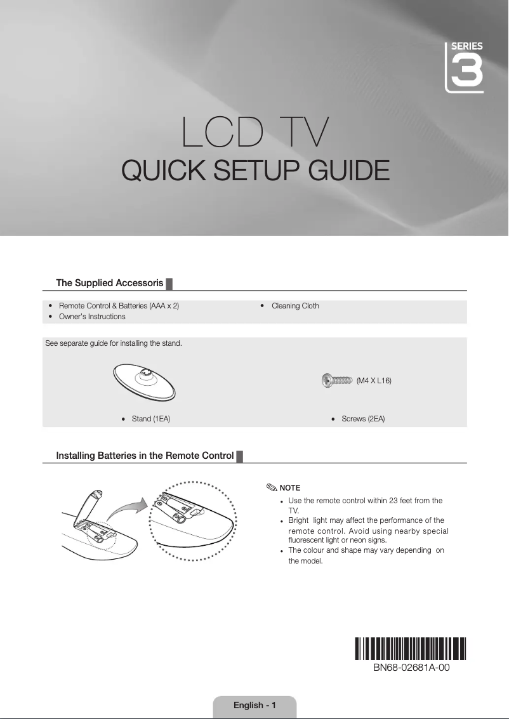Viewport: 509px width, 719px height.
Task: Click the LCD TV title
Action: pyautogui.click(x=255, y=132)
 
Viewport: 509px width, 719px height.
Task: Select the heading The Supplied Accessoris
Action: pyautogui.click(x=110, y=282)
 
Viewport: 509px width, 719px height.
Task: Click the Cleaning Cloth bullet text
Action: pyautogui.click(x=295, y=306)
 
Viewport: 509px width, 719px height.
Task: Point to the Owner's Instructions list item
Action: pyautogui.click(x=92, y=316)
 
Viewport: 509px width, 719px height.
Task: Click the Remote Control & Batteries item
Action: pyautogui.click(x=119, y=306)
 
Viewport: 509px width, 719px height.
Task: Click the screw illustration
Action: pyautogui.click(x=337, y=380)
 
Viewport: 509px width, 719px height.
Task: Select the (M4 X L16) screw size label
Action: pyautogui.click(x=374, y=381)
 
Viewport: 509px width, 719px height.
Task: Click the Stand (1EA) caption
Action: pyautogui.click(x=150, y=419)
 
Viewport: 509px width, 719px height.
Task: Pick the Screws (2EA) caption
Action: pyautogui.click(x=363, y=419)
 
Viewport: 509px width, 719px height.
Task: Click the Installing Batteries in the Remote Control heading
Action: pyautogui.click(x=145, y=456)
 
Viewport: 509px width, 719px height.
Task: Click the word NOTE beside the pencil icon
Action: pyautogui.click(x=290, y=488)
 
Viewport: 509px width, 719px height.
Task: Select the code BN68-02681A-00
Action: pyautogui.click(x=411, y=668)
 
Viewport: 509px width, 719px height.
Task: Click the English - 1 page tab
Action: pyautogui.click(x=255, y=706)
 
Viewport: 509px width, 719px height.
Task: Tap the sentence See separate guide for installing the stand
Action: pyautogui.click(x=114, y=344)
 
